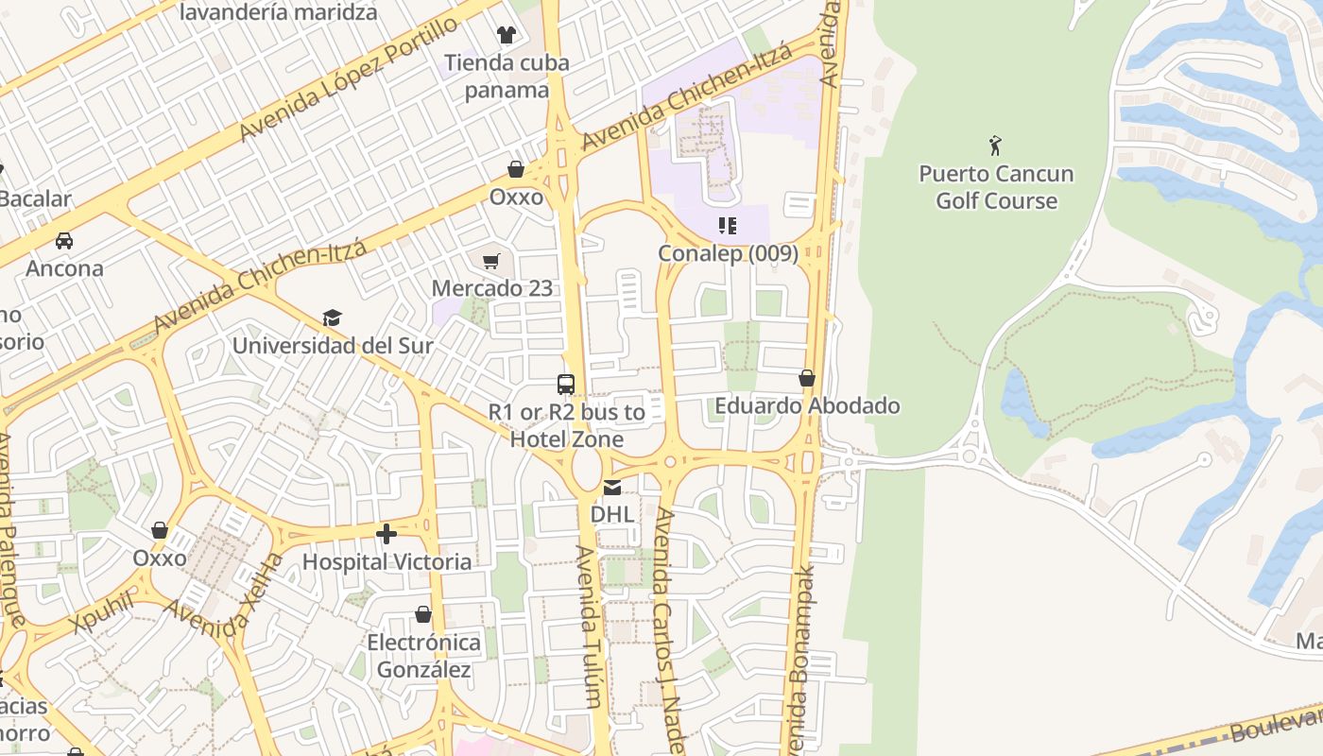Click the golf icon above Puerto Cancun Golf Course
click(x=995, y=146)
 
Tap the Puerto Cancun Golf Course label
click(x=996, y=187)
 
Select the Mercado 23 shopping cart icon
click(x=490, y=261)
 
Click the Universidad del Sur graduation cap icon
click(x=332, y=318)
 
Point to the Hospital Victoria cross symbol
click(x=386, y=535)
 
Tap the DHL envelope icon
click(x=612, y=488)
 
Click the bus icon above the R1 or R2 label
click(x=566, y=385)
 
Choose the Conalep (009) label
click(x=728, y=253)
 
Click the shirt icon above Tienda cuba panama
click(x=507, y=35)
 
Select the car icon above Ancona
click(x=64, y=241)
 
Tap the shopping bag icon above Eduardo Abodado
click(x=807, y=378)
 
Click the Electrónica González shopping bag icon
click(x=423, y=615)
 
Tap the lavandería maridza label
click(x=278, y=12)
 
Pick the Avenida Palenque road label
click(x=10, y=529)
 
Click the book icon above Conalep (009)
click(x=727, y=226)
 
